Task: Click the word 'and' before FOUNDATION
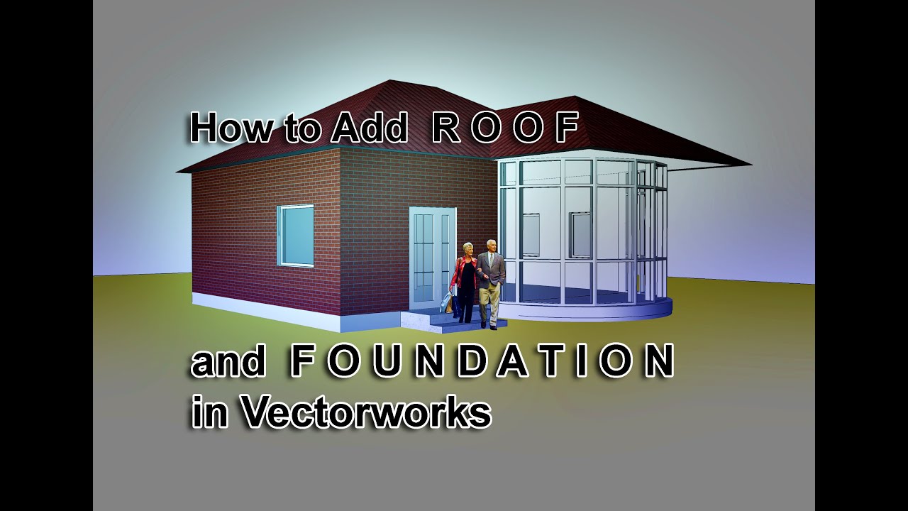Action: (228, 362)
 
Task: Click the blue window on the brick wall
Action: (295, 235)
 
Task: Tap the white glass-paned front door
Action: (431, 255)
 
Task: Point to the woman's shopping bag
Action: (447, 303)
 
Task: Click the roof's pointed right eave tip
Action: (749, 165)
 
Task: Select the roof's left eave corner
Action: (178, 172)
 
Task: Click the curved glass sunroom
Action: (582, 234)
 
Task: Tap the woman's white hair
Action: (468, 247)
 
